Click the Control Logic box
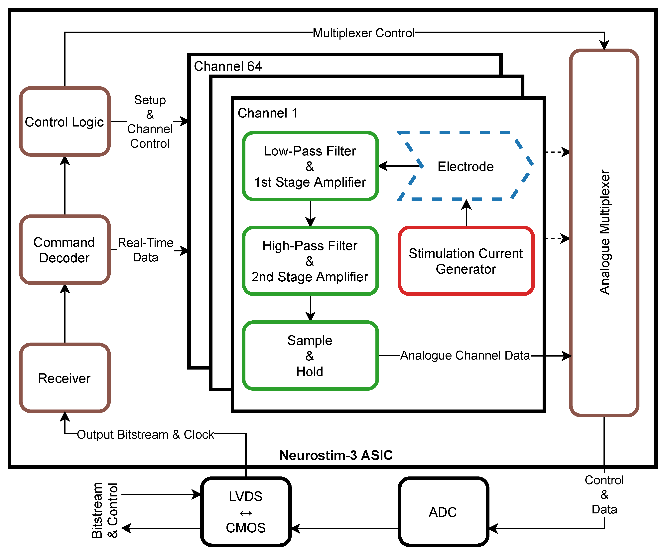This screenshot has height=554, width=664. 65,122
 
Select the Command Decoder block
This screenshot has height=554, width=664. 65,250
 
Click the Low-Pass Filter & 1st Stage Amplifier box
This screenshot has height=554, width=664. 310,166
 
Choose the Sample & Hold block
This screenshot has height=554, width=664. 310,355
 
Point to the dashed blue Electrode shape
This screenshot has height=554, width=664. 465,166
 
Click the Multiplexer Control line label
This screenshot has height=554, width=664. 364,33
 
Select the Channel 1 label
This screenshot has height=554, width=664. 268,113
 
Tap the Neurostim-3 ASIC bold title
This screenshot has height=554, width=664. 336,455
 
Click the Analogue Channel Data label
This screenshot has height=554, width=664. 465,355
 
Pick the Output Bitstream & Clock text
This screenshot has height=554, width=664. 145,434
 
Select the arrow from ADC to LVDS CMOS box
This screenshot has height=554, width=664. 345,528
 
